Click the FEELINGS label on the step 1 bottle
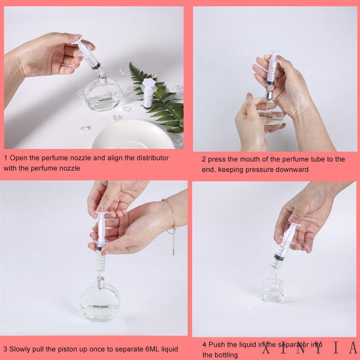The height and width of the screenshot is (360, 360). (x=105, y=99)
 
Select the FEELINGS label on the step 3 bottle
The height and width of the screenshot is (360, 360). (x=100, y=306)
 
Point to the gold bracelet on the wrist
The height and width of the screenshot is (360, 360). (x=171, y=218)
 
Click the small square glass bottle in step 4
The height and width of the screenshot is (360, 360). (x=273, y=288)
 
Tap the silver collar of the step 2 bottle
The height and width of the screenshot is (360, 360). (x=269, y=94)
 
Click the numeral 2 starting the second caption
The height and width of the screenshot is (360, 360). (x=204, y=159)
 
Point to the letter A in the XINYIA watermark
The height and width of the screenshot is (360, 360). (x=353, y=347)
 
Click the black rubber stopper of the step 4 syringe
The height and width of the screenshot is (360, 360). (x=279, y=257)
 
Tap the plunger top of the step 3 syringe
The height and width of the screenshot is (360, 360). (x=101, y=212)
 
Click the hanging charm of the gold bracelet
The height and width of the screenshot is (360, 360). (x=174, y=252)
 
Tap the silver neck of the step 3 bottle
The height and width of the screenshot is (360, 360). (x=99, y=280)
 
